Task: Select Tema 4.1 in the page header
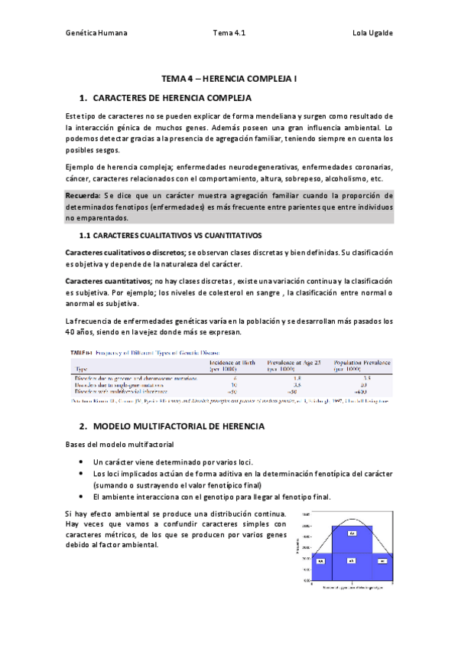[x=229, y=34]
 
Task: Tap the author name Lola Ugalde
[x=372, y=34]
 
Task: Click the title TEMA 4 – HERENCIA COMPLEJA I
[x=229, y=79]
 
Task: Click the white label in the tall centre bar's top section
[x=352, y=533]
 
